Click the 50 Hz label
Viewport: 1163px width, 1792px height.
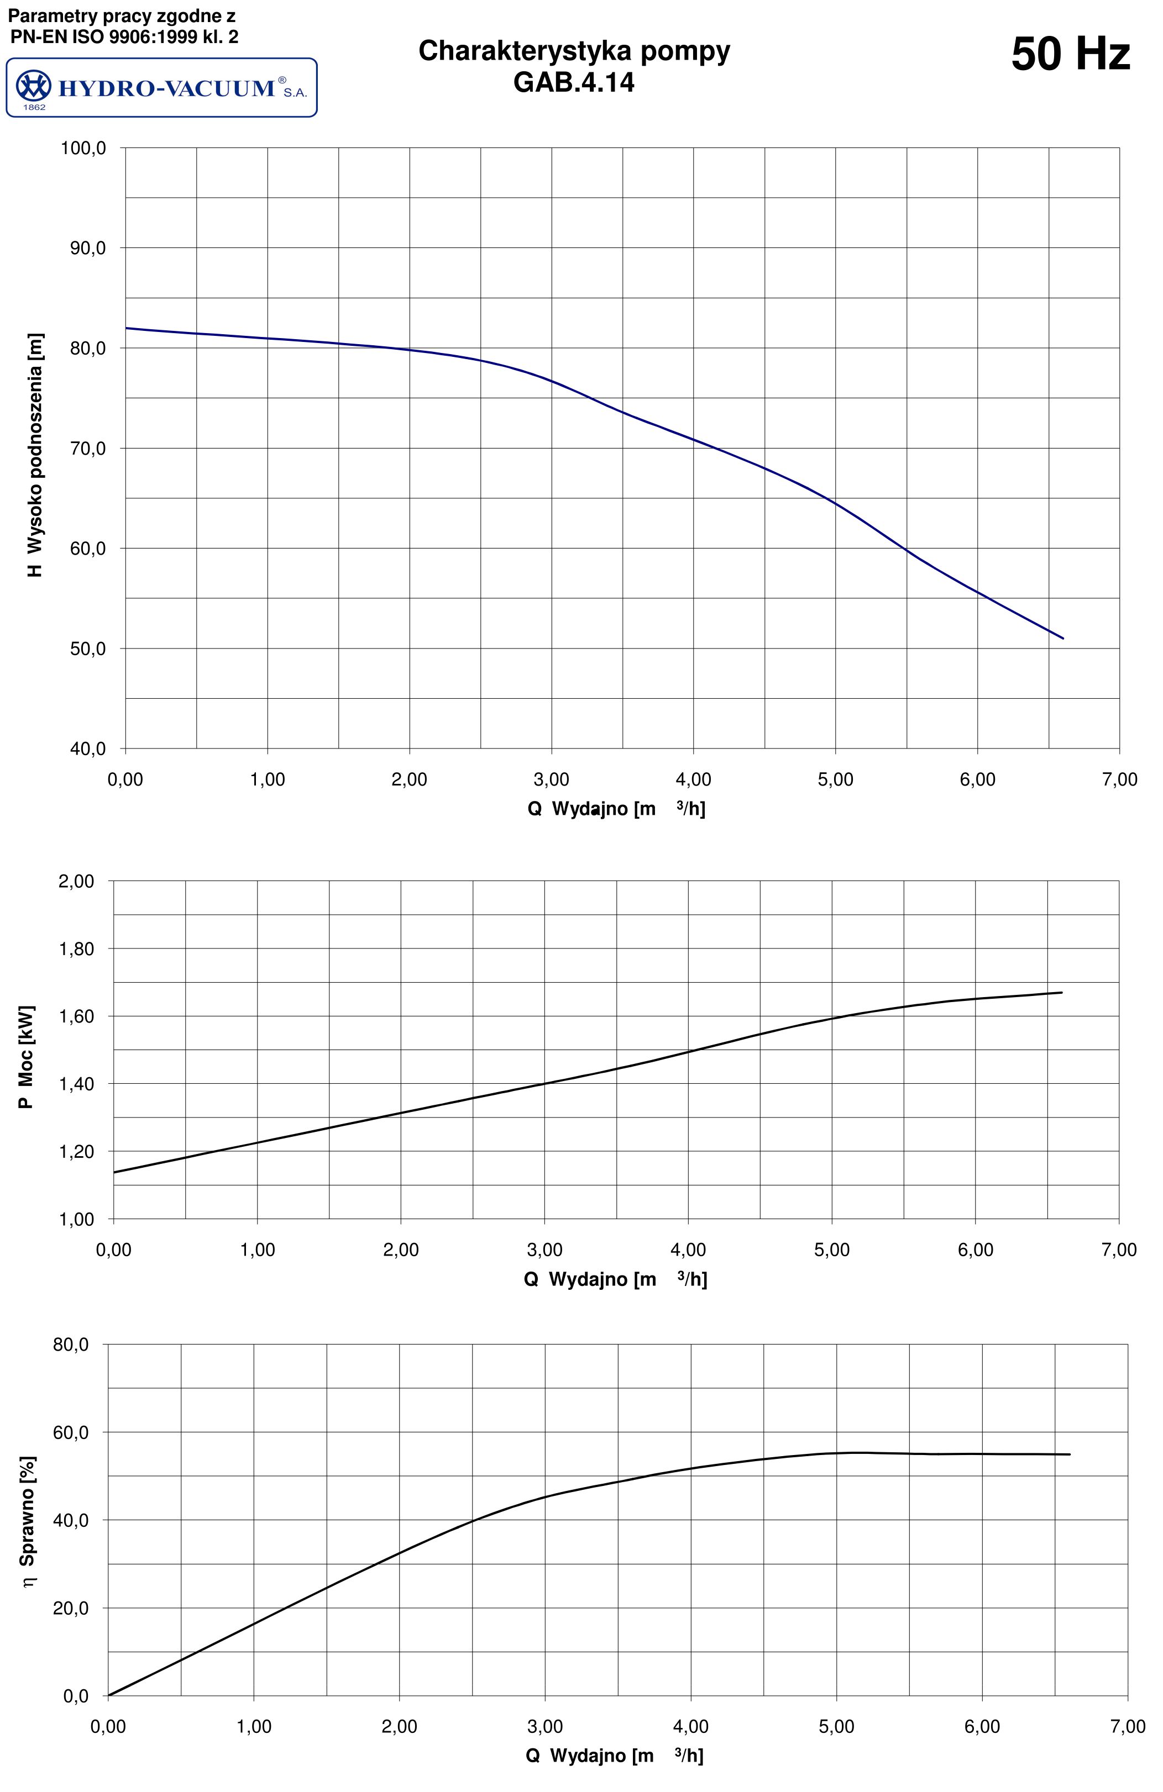pos(1070,55)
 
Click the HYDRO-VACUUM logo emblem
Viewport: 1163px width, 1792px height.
pos(33,87)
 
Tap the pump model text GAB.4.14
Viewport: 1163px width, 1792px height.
pos(573,82)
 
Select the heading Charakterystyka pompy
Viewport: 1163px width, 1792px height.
pos(574,51)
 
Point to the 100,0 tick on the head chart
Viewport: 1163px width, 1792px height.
pos(83,149)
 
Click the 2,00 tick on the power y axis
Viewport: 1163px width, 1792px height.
pos(76,881)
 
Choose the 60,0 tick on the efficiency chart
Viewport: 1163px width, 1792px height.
pos(71,1433)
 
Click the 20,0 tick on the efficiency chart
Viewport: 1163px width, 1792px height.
pos(71,1608)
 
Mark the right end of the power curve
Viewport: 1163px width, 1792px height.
pos(1061,992)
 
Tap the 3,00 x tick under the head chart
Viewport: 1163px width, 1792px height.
pos(551,780)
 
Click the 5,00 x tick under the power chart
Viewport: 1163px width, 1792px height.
pos(831,1251)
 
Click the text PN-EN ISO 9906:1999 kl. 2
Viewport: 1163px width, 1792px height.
pos(124,36)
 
